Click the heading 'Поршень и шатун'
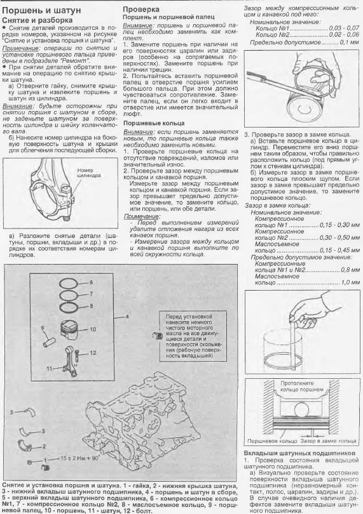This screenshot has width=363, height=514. [41, 11]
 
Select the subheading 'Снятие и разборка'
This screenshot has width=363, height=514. [37, 20]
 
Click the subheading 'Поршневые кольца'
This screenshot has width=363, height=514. [154, 123]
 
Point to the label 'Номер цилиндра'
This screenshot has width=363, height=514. [89, 173]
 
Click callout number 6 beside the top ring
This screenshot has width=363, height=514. [92, 282]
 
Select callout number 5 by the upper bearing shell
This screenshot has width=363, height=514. [11, 412]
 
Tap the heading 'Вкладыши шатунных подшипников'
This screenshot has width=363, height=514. [299, 453]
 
